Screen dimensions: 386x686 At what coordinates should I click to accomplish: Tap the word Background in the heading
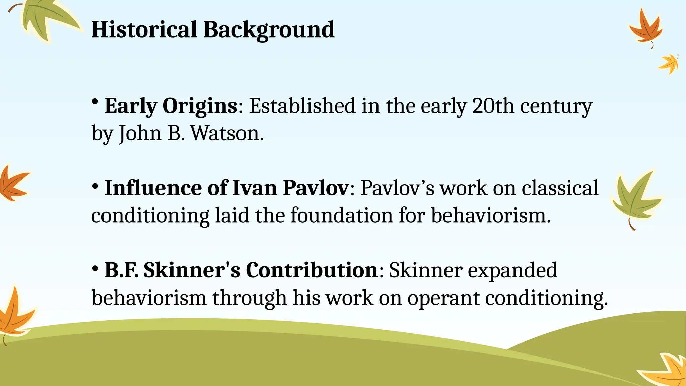(269, 30)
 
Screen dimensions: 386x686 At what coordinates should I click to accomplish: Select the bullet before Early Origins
(95, 101)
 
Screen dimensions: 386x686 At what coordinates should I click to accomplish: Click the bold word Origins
(200, 106)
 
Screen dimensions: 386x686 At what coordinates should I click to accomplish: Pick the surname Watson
(227, 133)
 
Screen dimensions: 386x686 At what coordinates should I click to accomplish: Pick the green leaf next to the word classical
(635, 198)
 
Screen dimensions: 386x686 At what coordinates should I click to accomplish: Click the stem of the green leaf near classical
(631, 224)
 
